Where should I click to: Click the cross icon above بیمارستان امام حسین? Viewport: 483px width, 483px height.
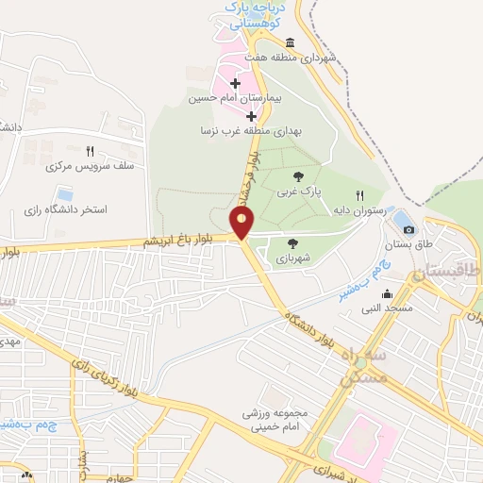point(235,85)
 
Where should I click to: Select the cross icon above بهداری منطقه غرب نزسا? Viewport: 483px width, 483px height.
point(251,117)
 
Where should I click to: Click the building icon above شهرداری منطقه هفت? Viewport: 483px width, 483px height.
point(289,42)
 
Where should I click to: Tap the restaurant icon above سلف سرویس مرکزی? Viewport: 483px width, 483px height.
point(90,151)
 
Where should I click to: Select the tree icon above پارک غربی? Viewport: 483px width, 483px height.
point(298,176)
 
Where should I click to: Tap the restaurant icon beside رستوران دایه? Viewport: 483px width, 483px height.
point(359,194)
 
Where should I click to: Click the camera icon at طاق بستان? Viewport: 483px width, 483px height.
point(408,228)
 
